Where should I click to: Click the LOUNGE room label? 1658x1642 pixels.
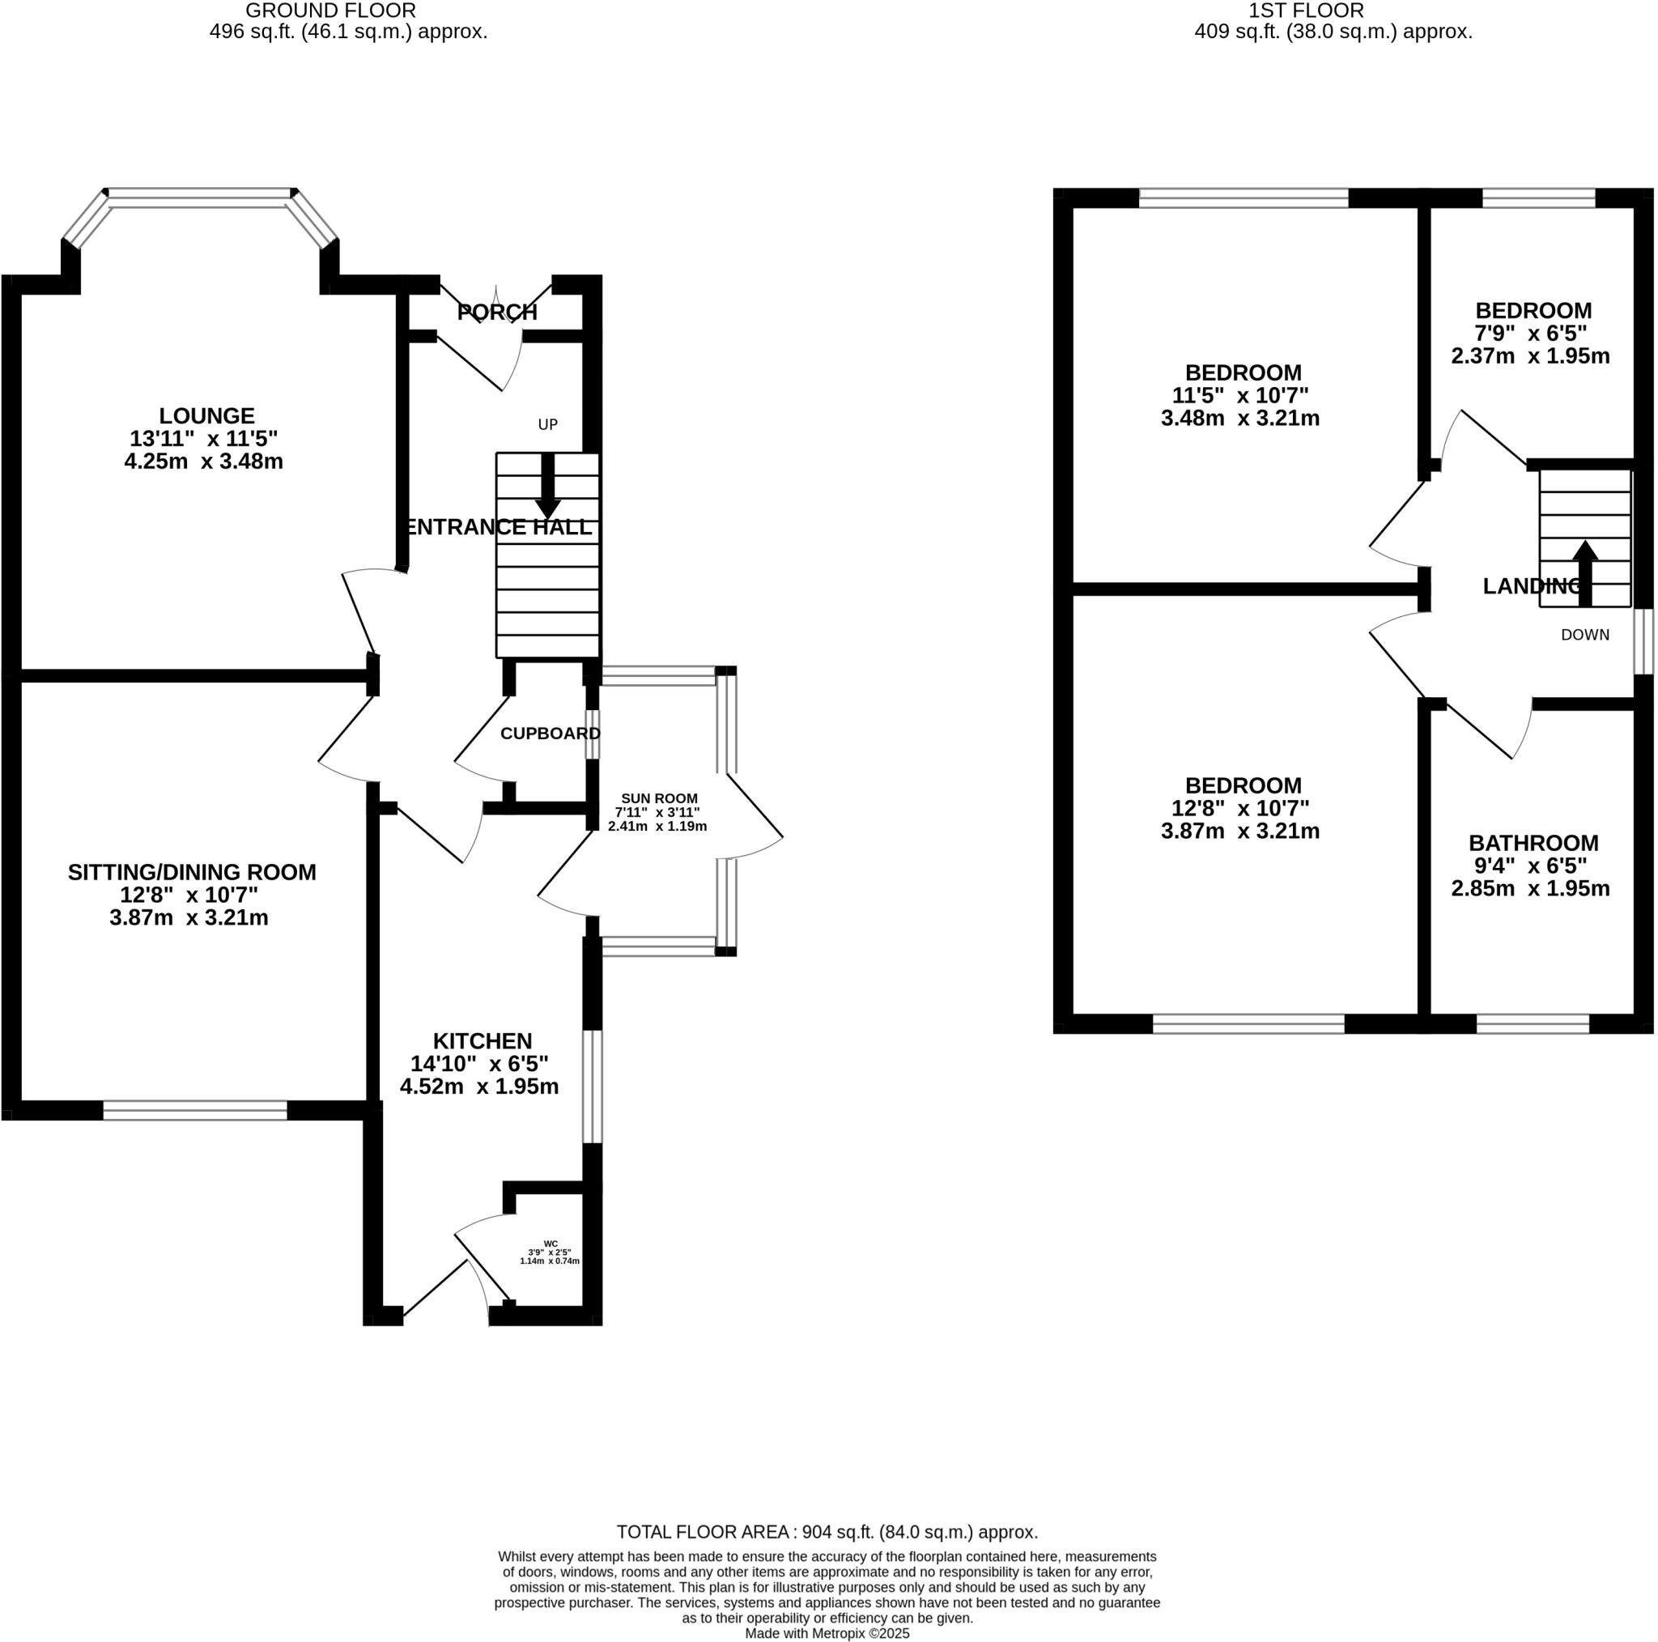206,416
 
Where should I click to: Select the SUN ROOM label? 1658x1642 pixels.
659,798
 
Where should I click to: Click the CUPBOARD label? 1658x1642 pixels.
550,734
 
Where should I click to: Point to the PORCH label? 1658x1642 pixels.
497,313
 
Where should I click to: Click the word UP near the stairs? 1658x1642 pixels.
547,424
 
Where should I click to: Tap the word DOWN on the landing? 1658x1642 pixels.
1584,635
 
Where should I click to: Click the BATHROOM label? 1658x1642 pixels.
1533,843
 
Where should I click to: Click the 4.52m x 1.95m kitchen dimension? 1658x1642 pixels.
479,1087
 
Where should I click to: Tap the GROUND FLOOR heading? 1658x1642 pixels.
330,11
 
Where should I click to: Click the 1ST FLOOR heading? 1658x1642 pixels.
1306,11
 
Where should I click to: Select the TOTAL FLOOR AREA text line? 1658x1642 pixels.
827,1532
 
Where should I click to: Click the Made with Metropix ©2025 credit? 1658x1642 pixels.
827,1633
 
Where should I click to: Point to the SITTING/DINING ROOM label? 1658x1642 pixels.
192,872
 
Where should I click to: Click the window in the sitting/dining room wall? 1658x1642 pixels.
195,1111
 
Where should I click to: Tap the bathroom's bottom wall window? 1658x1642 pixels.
1533,1023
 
